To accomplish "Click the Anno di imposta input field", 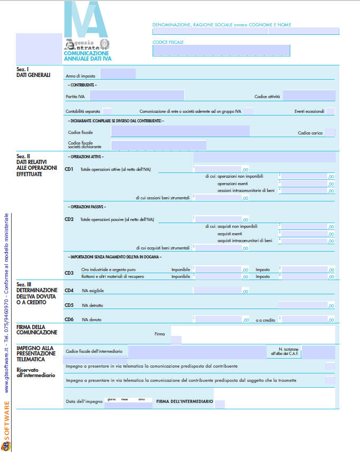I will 118,74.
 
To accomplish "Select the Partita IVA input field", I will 137,95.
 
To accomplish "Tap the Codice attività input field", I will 309,95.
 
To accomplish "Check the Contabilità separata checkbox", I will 107,111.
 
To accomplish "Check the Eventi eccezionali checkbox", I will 330,111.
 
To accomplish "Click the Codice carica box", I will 330,133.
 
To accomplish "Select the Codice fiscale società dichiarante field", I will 158,145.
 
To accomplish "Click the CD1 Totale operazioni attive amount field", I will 217,169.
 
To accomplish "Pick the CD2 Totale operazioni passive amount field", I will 217,219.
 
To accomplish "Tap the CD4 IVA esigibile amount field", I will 217,290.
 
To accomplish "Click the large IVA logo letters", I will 86,20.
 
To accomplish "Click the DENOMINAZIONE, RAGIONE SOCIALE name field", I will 245,31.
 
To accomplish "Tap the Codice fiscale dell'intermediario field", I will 196,352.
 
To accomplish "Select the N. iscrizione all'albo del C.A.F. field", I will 318,352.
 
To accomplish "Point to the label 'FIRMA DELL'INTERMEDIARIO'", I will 185,402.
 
